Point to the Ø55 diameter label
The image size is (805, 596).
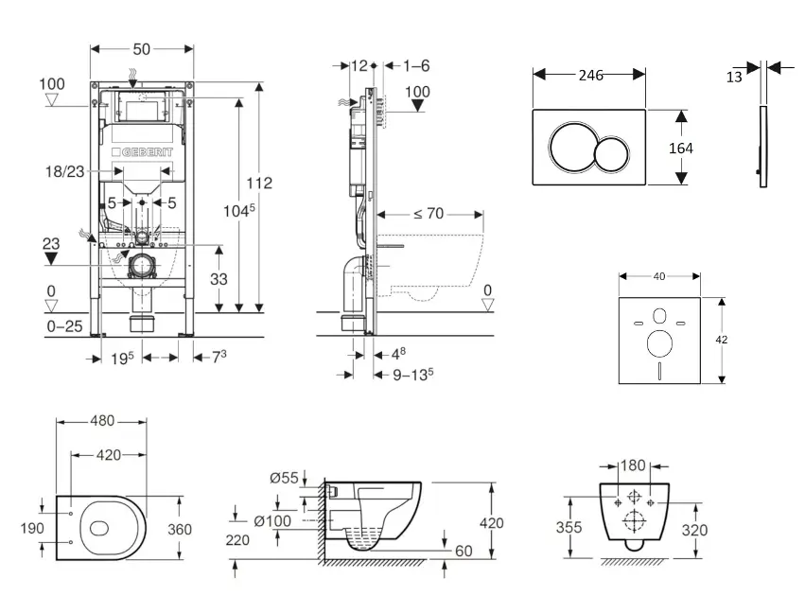click(282, 479)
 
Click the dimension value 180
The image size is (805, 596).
click(634, 466)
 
